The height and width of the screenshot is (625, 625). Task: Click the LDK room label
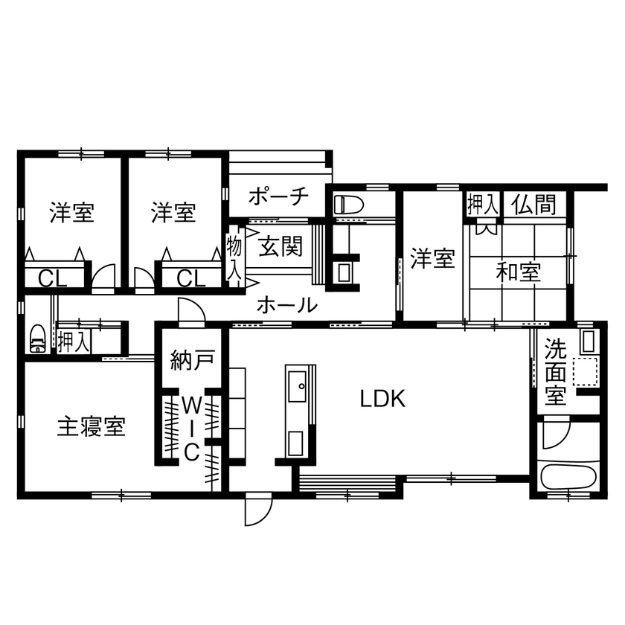(382, 400)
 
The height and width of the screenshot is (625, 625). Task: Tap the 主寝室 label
(92, 427)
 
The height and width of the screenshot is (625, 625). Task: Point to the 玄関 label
(279, 246)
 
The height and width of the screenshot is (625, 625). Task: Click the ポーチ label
(278, 197)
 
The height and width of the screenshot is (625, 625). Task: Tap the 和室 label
(519, 272)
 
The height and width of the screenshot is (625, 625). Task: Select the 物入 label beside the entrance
(234, 257)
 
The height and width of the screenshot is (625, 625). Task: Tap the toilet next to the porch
(347, 204)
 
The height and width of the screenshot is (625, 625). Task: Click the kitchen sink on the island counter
(301, 385)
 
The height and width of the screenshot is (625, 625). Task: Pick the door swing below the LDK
(256, 510)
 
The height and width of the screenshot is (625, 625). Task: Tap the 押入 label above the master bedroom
(74, 342)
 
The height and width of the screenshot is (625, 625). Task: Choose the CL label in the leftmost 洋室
(52, 279)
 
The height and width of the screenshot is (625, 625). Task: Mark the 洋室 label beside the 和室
(432, 260)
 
